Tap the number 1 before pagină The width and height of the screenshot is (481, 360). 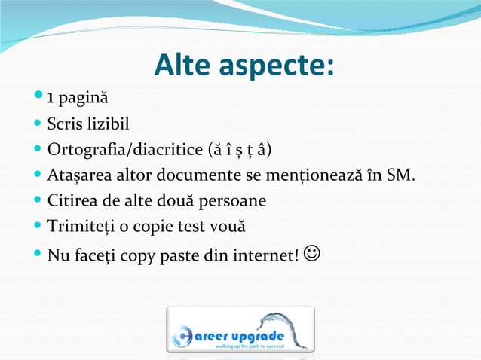(x=50, y=98)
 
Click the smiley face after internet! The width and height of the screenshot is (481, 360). (x=311, y=256)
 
